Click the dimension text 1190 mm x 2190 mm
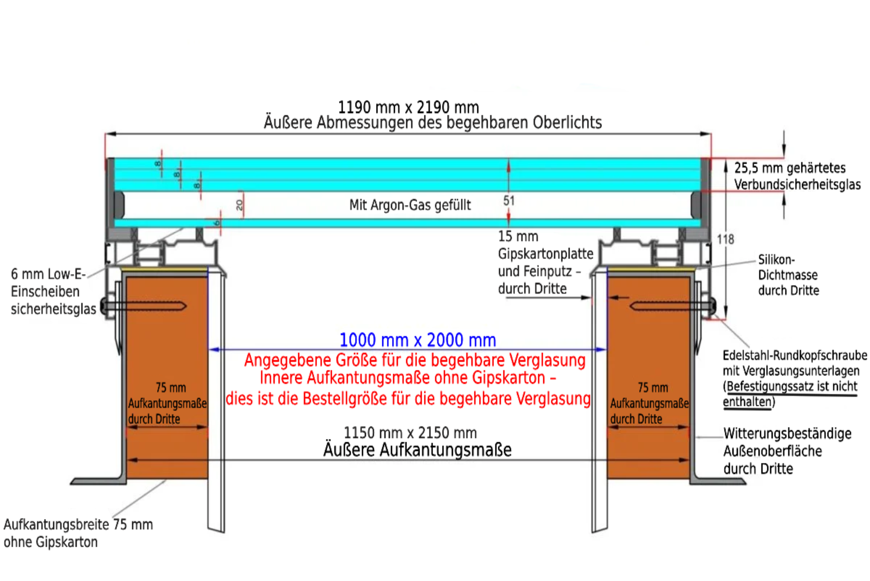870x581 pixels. pos(408,107)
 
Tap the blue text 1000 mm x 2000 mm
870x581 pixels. pos(418,340)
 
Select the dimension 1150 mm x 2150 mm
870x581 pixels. pos(410,432)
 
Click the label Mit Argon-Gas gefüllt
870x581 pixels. pos(410,205)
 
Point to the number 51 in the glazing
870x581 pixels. pos(509,201)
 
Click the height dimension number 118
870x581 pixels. pos(725,239)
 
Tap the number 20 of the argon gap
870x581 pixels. pos(239,205)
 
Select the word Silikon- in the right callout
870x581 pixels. pos(776,259)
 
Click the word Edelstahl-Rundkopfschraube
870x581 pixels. pos(794,355)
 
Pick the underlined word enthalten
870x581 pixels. pos(747,402)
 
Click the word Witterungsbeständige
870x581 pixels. pos(787,434)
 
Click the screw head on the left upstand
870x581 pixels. pos(103,306)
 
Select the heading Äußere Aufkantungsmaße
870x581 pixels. pos(418,450)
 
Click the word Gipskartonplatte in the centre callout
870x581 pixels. pos(546,254)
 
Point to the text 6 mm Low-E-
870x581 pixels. pos(48,274)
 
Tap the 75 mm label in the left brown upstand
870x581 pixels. pos(171,387)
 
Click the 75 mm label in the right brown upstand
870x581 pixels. pos(653,387)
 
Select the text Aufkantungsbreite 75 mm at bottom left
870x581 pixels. pos(78,524)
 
